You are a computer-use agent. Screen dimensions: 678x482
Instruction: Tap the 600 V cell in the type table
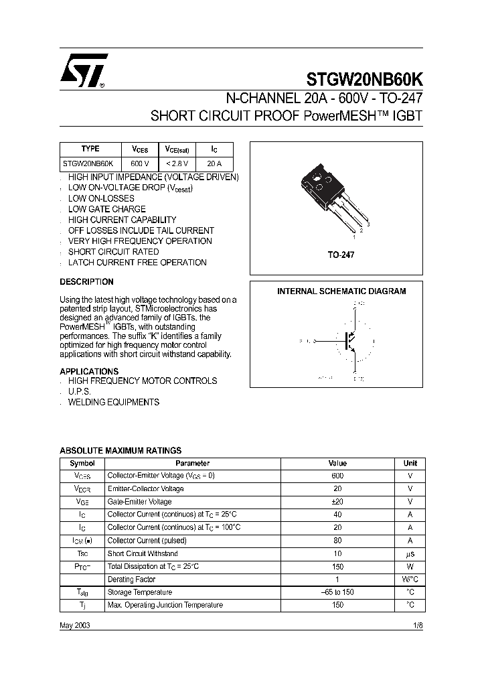[139, 163]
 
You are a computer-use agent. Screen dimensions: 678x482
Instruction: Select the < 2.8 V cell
[177, 163]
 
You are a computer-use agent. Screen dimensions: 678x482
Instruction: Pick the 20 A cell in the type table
[214, 163]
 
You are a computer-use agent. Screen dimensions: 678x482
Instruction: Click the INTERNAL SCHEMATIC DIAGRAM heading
[341, 291]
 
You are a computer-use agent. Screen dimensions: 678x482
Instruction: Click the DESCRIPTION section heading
[86, 282]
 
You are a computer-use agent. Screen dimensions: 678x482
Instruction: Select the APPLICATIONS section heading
[89, 371]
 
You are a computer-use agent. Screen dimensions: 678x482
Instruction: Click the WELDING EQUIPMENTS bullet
[114, 402]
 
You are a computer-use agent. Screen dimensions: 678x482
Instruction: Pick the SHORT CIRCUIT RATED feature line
[113, 252]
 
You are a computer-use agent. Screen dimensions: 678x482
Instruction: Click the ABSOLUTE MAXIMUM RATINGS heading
[120, 451]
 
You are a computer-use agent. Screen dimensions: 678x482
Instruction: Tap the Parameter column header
[193, 463]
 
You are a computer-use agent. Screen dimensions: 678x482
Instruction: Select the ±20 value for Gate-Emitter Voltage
[337, 502]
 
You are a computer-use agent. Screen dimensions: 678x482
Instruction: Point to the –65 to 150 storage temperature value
[337, 592]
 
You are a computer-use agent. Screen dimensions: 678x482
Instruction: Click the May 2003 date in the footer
[74, 624]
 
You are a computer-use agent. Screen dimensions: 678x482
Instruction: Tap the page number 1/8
[418, 624]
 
